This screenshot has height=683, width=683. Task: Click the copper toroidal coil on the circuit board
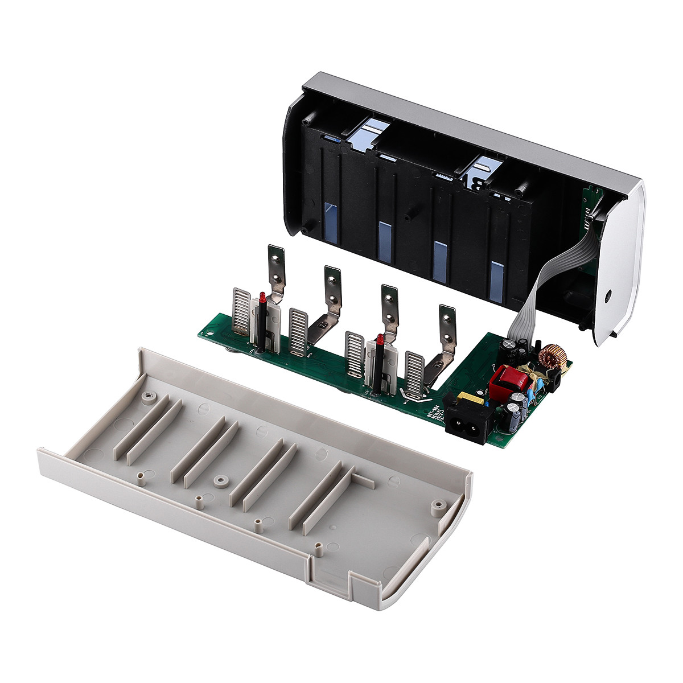click(x=553, y=356)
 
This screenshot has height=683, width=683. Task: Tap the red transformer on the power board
click(x=503, y=379)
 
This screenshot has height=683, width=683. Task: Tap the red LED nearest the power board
click(x=377, y=342)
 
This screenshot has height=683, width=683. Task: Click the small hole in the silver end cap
click(x=608, y=296)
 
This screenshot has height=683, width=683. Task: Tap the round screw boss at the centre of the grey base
click(x=220, y=482)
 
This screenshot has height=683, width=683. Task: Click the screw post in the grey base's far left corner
click(x=148, y=397)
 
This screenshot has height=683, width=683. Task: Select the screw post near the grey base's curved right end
click(x=437, y=505)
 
